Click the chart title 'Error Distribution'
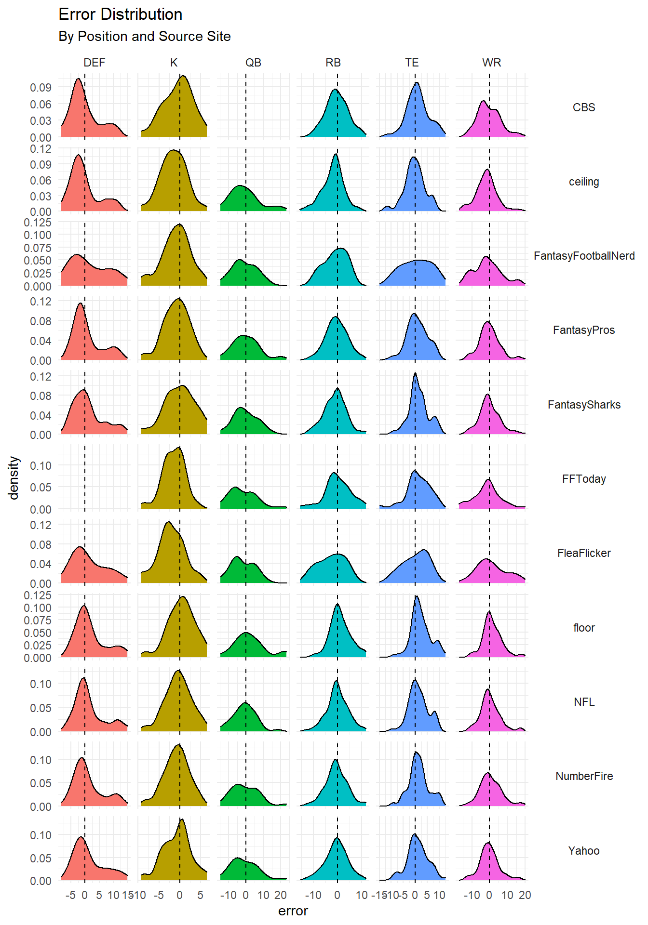pyautogui.click(x=120, y=14)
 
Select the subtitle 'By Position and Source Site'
pyautogui.click(x=144, y=37)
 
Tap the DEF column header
pyautogui.click(x=94, y=63)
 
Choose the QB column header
pyautogui.click(x=253, y=63)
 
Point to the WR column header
pyautogui.click(x=491, y=63)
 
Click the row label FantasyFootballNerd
pyautogui.click(x=584, y=256)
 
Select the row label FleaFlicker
pyautogui.click(x=584, y=553)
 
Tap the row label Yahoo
pyautogui.click(x=584, y=851)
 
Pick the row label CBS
pyautogui.click(x=584, y=107)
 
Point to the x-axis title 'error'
pyautogui.click(x=293, y=911)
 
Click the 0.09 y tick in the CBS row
pyautogui.click(x=40, y=88)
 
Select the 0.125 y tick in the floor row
pyautogui.click(x=38, y=595)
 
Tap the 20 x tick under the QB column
pyautogui.click(x=281, y=895)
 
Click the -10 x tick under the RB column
pyautogui.click(x=313, y=895)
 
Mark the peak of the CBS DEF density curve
pyautogui.click(x=78, y=79)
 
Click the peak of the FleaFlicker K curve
pyautogui.click(x=168, y=522)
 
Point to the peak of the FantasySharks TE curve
pyautogui.click(x=415, y=373)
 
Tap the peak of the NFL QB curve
pyautogui.click(x=246, y=702)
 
